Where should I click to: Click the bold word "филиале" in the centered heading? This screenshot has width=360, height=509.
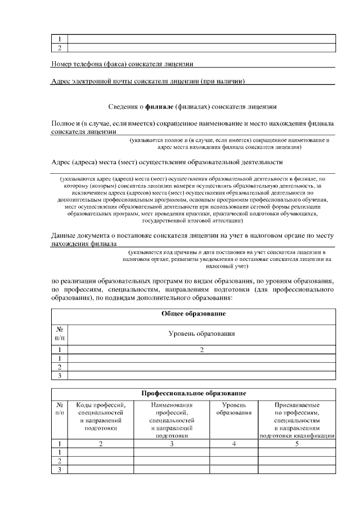click(x=159, y=106)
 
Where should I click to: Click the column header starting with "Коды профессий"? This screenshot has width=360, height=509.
click(x=101, y=416)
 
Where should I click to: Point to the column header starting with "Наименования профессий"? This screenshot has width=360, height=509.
click(x=172, y=420)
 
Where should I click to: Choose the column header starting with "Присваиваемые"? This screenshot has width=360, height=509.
click(x=297, y=420)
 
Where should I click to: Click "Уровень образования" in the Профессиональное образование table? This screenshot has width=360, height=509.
click(x=233, y=408)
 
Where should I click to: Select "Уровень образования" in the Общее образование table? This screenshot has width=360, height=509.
click(x=201, y=334)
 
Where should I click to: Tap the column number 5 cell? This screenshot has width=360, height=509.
click(x=297, y=444)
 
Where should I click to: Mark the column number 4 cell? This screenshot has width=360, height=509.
click(x=233, y=444)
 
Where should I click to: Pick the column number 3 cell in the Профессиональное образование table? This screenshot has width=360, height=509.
click(x=172, y=444)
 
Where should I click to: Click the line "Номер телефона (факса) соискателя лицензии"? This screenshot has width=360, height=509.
click(x=123, y=64)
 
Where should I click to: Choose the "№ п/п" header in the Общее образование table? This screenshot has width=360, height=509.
click(x=60, y=334)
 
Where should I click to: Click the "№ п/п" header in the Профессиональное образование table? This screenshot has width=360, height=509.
click(x=60, y=408)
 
